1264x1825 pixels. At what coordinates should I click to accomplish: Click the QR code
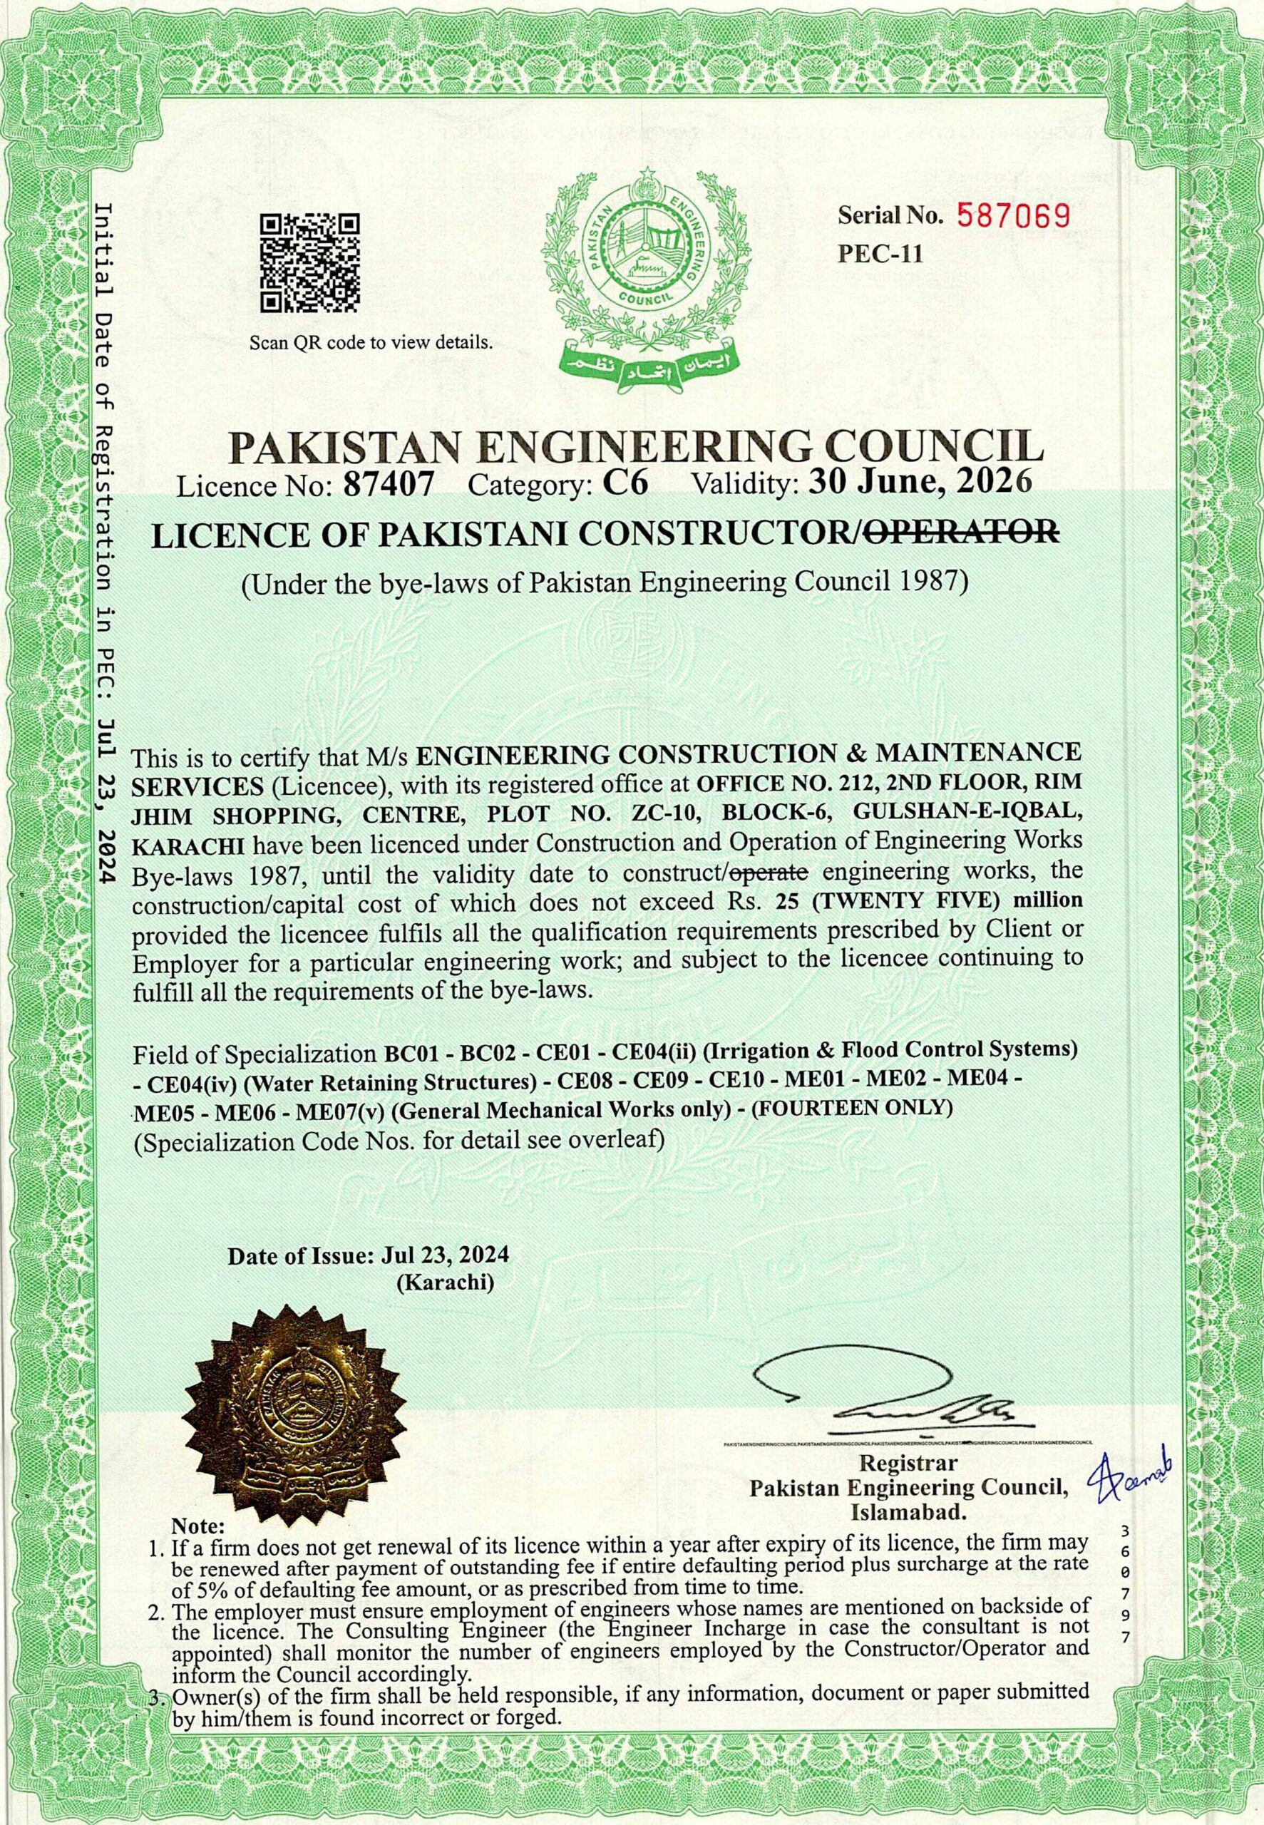coord(309,262)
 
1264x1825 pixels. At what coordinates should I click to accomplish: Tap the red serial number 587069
coord(1014,215)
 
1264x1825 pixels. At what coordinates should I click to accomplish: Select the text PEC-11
coord(880,255)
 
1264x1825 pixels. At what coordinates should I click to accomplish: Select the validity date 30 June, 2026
coord(920,480)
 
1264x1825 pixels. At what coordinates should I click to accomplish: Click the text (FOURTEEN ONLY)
coord(851,1108)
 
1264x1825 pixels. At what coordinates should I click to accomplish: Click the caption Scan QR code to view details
coord(371,343)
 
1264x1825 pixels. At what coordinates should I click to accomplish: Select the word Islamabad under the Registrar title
coord(908,1751)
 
